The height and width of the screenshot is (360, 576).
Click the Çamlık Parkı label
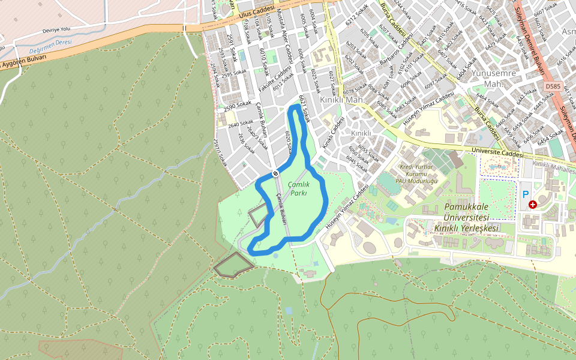click(299, 189)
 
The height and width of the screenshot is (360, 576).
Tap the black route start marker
click(275, 173)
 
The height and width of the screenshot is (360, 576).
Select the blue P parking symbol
click(526, 194)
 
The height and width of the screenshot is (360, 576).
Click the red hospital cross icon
click(533, 205)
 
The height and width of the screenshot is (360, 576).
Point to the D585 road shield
click(553, 87)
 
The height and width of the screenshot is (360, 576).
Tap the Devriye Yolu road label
click(56, 30)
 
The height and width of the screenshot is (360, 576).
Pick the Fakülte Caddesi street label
click(274, 79)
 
